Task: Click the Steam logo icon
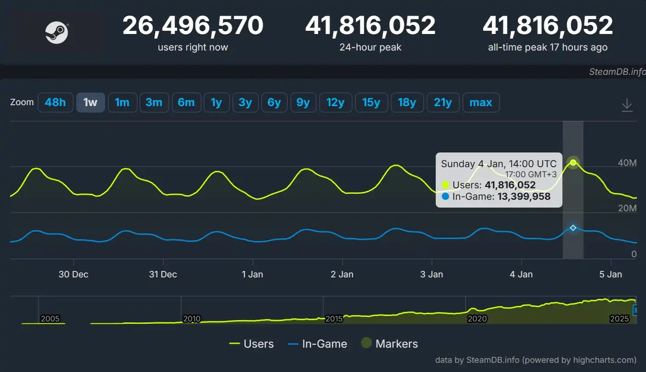point(56,33)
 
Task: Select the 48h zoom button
point(55,102)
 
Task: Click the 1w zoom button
point(90,102)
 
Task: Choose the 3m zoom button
point(154,102)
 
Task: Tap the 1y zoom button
point(216,102)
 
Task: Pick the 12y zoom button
point(335,102)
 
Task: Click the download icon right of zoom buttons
point(627,106)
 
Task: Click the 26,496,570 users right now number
point(193,26)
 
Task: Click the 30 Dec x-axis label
point(73,274)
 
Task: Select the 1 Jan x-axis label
point(253,274)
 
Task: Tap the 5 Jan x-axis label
point(611,274)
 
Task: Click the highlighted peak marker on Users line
point(573,163)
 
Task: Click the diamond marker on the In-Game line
point(573,228)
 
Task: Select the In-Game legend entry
point(317,344)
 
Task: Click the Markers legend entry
point(389,344)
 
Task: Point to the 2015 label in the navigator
point(334,319)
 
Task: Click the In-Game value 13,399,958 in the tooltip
point(524,197)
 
